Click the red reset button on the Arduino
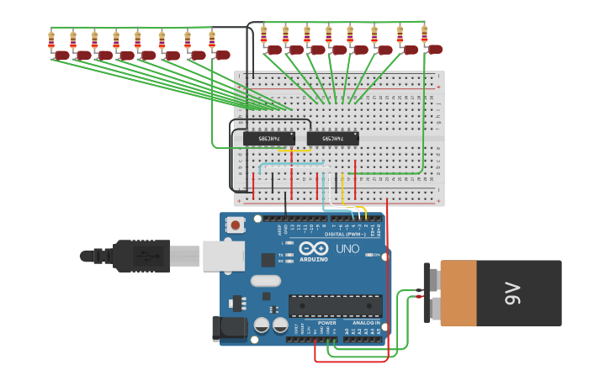click(x=236, y=225)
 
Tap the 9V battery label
click(x=512, y=294)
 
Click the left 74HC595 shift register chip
click(x=268, y=138)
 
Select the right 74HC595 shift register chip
click(x=332, y=138)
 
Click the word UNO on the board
click(x=347, y=249)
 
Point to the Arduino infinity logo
click(x=313, y=248)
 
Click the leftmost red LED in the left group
click(x=62, y=56)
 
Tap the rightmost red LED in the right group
click(x=435, y=50)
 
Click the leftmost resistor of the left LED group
click(x=51, y=40)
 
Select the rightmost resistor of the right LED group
click(x=424, y=34)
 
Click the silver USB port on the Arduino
click(x=223, y=256)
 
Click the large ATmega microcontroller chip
click(x=335, y=305)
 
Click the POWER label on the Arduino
click(x=326, y=323)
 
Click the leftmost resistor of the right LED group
click(x=263, y=34)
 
